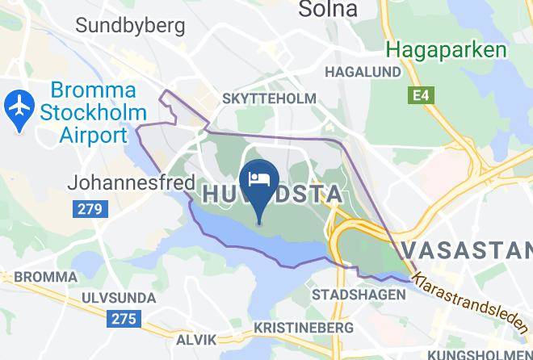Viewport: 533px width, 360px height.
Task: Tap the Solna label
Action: point(328,10)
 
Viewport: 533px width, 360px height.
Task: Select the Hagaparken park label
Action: point(446,49)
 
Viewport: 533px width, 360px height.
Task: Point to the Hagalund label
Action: point(363,72)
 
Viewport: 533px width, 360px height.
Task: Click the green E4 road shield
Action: point(418,96)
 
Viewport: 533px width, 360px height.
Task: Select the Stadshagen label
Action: point(359,295)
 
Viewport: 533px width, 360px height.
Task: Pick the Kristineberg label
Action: point(304,329)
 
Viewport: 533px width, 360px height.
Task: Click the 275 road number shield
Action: point(123,320)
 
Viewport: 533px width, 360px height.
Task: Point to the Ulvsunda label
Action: point(119,298)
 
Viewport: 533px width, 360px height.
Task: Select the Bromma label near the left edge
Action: point(33,277)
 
